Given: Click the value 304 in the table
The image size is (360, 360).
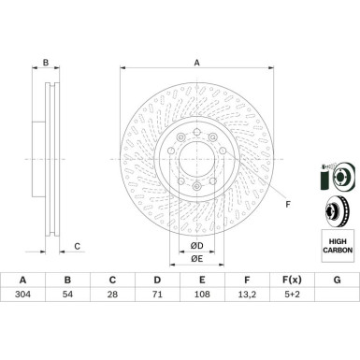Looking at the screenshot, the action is pos(22,294).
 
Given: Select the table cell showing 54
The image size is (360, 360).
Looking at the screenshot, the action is pos(67,294).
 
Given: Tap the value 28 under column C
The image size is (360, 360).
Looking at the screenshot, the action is pos(112,294).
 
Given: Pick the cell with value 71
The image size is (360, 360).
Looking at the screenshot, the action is pos(157,294).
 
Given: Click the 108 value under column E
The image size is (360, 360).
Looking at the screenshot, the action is pos(202,294).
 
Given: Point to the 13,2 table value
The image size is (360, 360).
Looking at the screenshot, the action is pos(247,295).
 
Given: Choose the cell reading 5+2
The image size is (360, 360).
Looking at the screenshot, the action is pos(291,294).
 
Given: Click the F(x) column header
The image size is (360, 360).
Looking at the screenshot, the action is pos(292,280).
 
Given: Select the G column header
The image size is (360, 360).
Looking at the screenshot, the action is pos(337,280).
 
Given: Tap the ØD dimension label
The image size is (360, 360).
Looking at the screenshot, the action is pos(196,246).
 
